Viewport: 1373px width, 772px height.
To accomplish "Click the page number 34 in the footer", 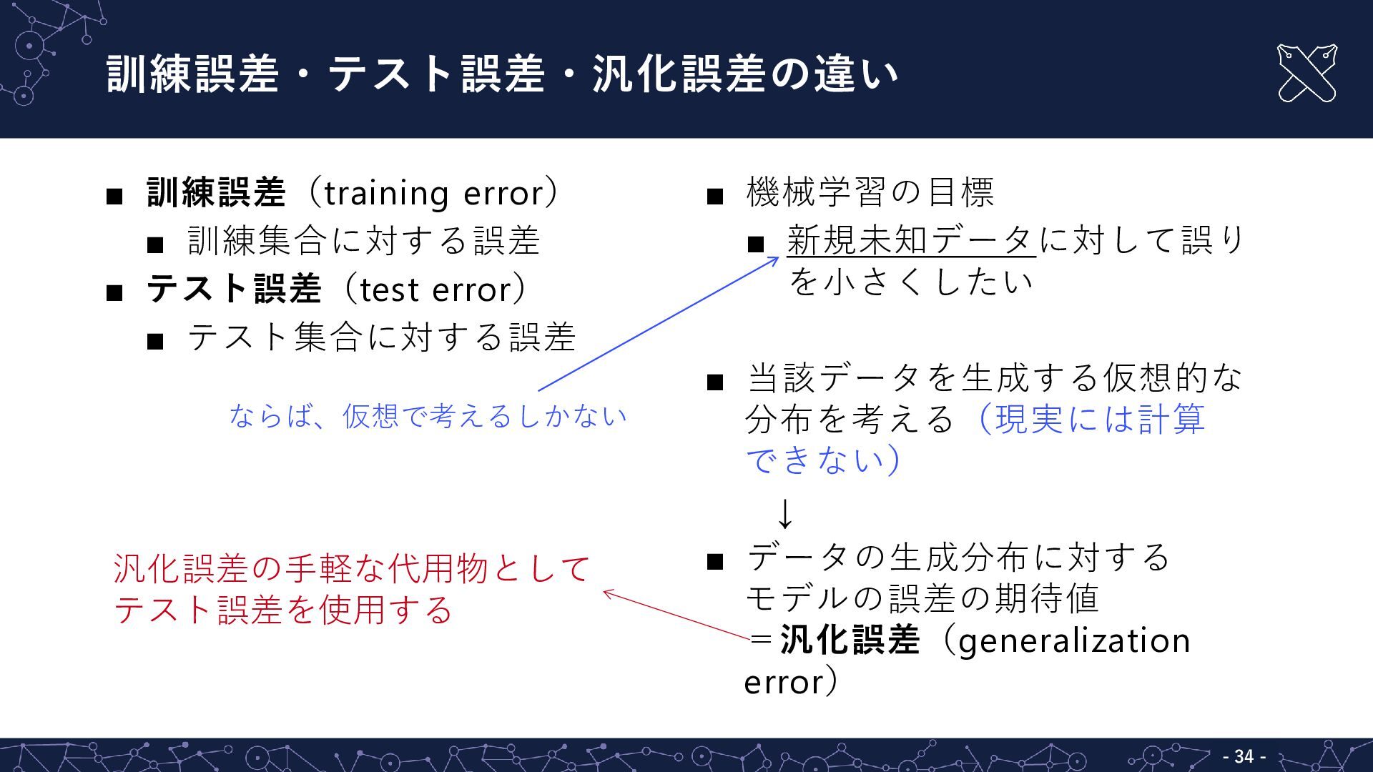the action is [1244, 756].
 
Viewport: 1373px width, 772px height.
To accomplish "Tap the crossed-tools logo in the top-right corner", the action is [1306, 73].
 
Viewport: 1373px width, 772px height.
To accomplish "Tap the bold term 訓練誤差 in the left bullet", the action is [216, 194].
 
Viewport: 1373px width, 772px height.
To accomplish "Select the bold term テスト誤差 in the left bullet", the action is [234, 290].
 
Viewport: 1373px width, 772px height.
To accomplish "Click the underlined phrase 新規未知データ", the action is [910, 240].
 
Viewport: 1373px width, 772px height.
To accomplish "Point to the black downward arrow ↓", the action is [785, 514].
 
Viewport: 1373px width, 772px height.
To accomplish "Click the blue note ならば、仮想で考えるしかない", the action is [428, 416].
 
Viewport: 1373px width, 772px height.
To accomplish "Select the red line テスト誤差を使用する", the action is [283, 610].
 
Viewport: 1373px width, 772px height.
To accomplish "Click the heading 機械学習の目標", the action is [870, 192].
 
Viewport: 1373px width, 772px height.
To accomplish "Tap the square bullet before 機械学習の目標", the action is [715, 196].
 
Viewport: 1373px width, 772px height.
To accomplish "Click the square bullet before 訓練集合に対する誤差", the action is [155, 245].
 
